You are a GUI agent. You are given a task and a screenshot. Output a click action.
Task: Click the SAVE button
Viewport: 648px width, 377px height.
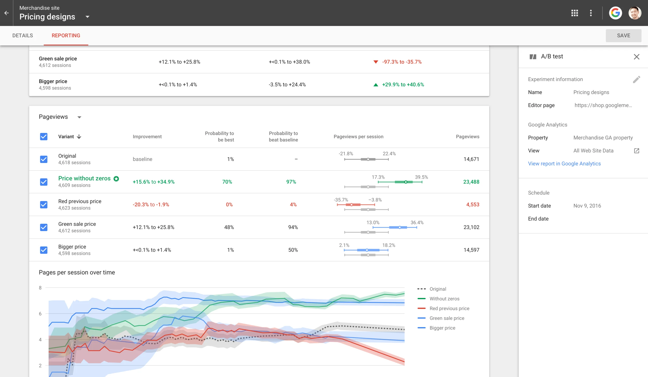coord(623,35)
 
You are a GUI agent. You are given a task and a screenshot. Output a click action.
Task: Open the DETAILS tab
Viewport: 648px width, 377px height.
coord(23,35)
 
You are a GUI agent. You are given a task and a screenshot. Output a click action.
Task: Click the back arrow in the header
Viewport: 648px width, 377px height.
coord(6,13)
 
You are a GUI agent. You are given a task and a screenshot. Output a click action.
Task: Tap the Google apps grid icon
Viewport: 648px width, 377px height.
coord(574,13)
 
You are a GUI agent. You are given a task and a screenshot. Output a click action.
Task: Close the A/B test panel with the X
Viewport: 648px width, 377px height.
coord(636,56)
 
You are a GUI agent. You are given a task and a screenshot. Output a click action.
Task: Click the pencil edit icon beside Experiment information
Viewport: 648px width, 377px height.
coord(636,80)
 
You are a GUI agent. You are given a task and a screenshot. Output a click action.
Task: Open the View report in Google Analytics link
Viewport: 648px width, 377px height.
coord(564,164)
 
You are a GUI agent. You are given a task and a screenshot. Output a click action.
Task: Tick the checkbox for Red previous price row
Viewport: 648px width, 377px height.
coord(44,204)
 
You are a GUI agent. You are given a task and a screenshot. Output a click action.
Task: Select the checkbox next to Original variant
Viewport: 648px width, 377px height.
coord(44,159)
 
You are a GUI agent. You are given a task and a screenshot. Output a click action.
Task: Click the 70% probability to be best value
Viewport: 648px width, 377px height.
coord(227,182)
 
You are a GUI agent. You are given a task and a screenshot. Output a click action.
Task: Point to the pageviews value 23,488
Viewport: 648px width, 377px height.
coord(471,182)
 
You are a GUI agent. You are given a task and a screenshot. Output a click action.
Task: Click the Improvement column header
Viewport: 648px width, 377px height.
coord(147,137)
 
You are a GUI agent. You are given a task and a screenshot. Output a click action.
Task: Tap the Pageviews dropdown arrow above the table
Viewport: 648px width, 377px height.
coord(79,117)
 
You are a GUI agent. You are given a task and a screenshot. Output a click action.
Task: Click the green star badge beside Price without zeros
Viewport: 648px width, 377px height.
coord(116,179)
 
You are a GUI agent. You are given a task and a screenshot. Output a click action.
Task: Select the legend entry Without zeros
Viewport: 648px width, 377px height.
coord(444,299)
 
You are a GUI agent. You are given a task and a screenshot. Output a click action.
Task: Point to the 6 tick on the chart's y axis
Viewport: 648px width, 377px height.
coord(40,314)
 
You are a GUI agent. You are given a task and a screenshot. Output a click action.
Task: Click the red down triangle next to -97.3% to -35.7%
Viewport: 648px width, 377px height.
coord(375,62)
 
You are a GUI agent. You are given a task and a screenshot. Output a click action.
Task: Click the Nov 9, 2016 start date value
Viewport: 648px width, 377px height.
coord(587,206)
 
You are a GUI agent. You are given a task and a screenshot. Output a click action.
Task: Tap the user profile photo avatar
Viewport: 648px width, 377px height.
coord(634,13)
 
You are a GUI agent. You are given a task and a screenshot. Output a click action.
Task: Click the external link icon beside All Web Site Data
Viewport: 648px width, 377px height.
coord(636,151)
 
